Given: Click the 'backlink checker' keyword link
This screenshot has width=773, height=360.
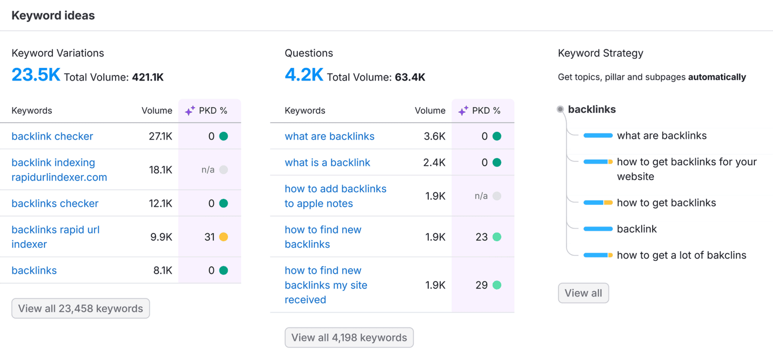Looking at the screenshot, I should point(52,136).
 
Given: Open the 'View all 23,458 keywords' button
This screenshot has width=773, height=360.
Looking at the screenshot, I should point(81,309).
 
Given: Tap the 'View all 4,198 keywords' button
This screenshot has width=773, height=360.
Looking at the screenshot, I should point(349,338).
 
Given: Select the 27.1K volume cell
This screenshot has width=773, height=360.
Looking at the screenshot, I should point(161,136).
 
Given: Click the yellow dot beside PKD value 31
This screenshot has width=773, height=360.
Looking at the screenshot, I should point(223,237).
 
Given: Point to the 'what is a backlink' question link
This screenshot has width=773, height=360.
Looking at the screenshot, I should point(327,163).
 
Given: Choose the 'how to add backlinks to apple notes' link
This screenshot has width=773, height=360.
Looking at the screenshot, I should point(335,196).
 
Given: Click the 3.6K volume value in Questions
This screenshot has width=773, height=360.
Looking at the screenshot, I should point(435,136).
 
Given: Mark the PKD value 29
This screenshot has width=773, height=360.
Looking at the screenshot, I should point(482,285).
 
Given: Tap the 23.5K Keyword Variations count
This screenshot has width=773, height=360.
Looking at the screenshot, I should point(36,75).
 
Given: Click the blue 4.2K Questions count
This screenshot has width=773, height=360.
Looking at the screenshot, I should point(304,75).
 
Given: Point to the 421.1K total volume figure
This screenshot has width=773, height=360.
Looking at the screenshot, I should point(147,78).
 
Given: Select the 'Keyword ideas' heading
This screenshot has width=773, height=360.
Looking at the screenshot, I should point(53,16).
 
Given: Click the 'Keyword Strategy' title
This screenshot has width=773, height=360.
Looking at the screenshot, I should point(600,53).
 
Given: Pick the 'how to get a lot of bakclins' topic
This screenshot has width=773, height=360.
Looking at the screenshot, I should point(681,255).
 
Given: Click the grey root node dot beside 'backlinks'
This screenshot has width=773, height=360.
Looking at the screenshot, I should point(560,110).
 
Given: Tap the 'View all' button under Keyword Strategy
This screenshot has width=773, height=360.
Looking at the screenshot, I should point(583,294).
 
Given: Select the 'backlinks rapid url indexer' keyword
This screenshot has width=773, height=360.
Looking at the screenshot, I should point(55,237).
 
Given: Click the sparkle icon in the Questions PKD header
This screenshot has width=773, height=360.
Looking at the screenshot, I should point(463,111).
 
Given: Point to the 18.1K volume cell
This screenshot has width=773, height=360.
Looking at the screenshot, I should point(161,170).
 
